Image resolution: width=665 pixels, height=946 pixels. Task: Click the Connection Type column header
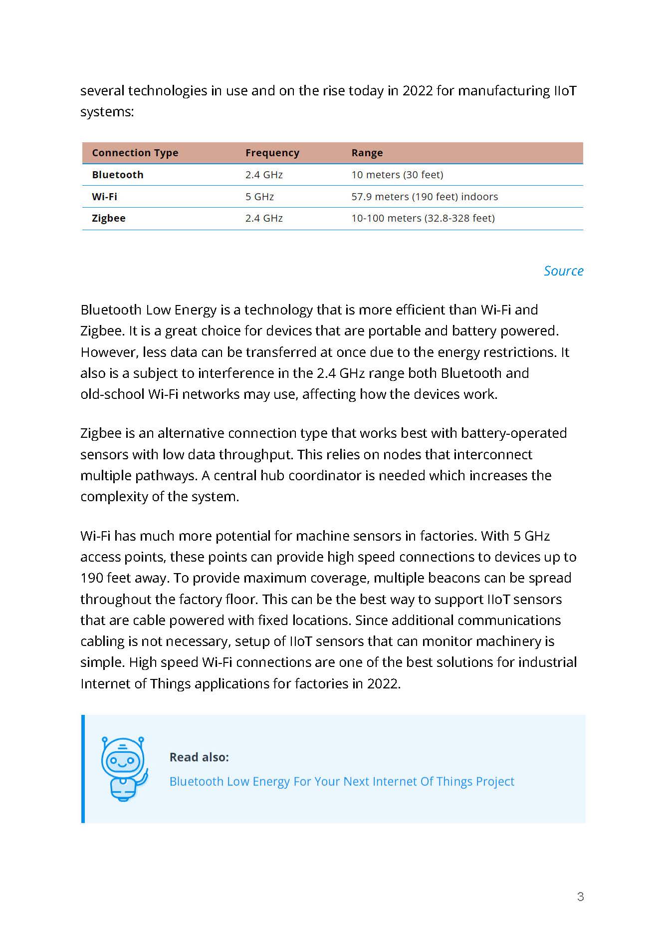point(135,153)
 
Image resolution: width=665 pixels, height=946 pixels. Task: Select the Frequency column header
point(272,153)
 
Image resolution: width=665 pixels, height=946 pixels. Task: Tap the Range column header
point(367,153)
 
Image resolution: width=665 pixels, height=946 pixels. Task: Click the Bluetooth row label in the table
point(118,175)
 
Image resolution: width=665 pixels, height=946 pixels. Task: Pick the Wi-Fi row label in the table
point(104,197)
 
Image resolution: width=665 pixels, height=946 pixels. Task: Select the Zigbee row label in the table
point(109,218)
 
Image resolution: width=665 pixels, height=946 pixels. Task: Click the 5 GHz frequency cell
point(259,197)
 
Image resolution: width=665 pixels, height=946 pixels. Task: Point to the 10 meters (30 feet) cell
point(397,175)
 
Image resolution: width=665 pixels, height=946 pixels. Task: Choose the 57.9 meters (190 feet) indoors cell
point(425,197)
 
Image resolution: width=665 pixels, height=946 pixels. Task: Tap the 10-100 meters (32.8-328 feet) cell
point(423,218)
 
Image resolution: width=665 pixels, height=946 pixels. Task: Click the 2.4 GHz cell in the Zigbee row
point(264,218)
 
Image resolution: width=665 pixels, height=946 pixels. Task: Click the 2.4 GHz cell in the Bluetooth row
point(264,175)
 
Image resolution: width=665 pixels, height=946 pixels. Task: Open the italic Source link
point(563,271)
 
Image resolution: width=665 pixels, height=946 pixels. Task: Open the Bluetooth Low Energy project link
point(342,781)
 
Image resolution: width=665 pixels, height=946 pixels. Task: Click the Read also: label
point(199,757)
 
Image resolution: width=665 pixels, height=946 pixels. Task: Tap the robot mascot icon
point(124,769)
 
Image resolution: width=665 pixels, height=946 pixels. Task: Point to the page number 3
point(580,897)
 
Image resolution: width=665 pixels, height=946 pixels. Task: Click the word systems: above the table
point(107,112)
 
